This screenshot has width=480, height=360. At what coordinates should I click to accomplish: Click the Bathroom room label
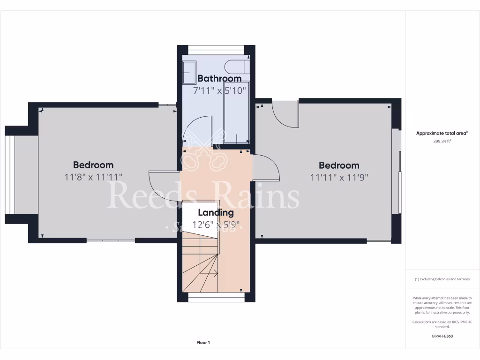(x=219, y=78)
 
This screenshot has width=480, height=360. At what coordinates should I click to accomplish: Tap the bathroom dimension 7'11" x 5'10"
(x=219, y=90)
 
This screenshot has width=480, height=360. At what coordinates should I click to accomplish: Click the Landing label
(x=216, y=213)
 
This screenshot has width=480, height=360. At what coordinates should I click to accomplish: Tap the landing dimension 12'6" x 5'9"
(x=216, y=225)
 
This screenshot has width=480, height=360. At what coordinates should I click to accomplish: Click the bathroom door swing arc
(x=197, y=129)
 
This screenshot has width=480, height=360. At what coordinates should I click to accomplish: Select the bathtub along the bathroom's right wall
(x=236, y=110)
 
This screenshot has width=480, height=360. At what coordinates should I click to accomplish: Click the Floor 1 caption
(x=203, y=343)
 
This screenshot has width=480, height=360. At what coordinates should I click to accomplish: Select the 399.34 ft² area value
(x=442, y=141)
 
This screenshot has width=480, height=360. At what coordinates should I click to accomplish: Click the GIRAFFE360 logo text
(x=442, y=336)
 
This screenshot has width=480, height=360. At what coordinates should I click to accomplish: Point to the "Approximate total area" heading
(x=442, y=133)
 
